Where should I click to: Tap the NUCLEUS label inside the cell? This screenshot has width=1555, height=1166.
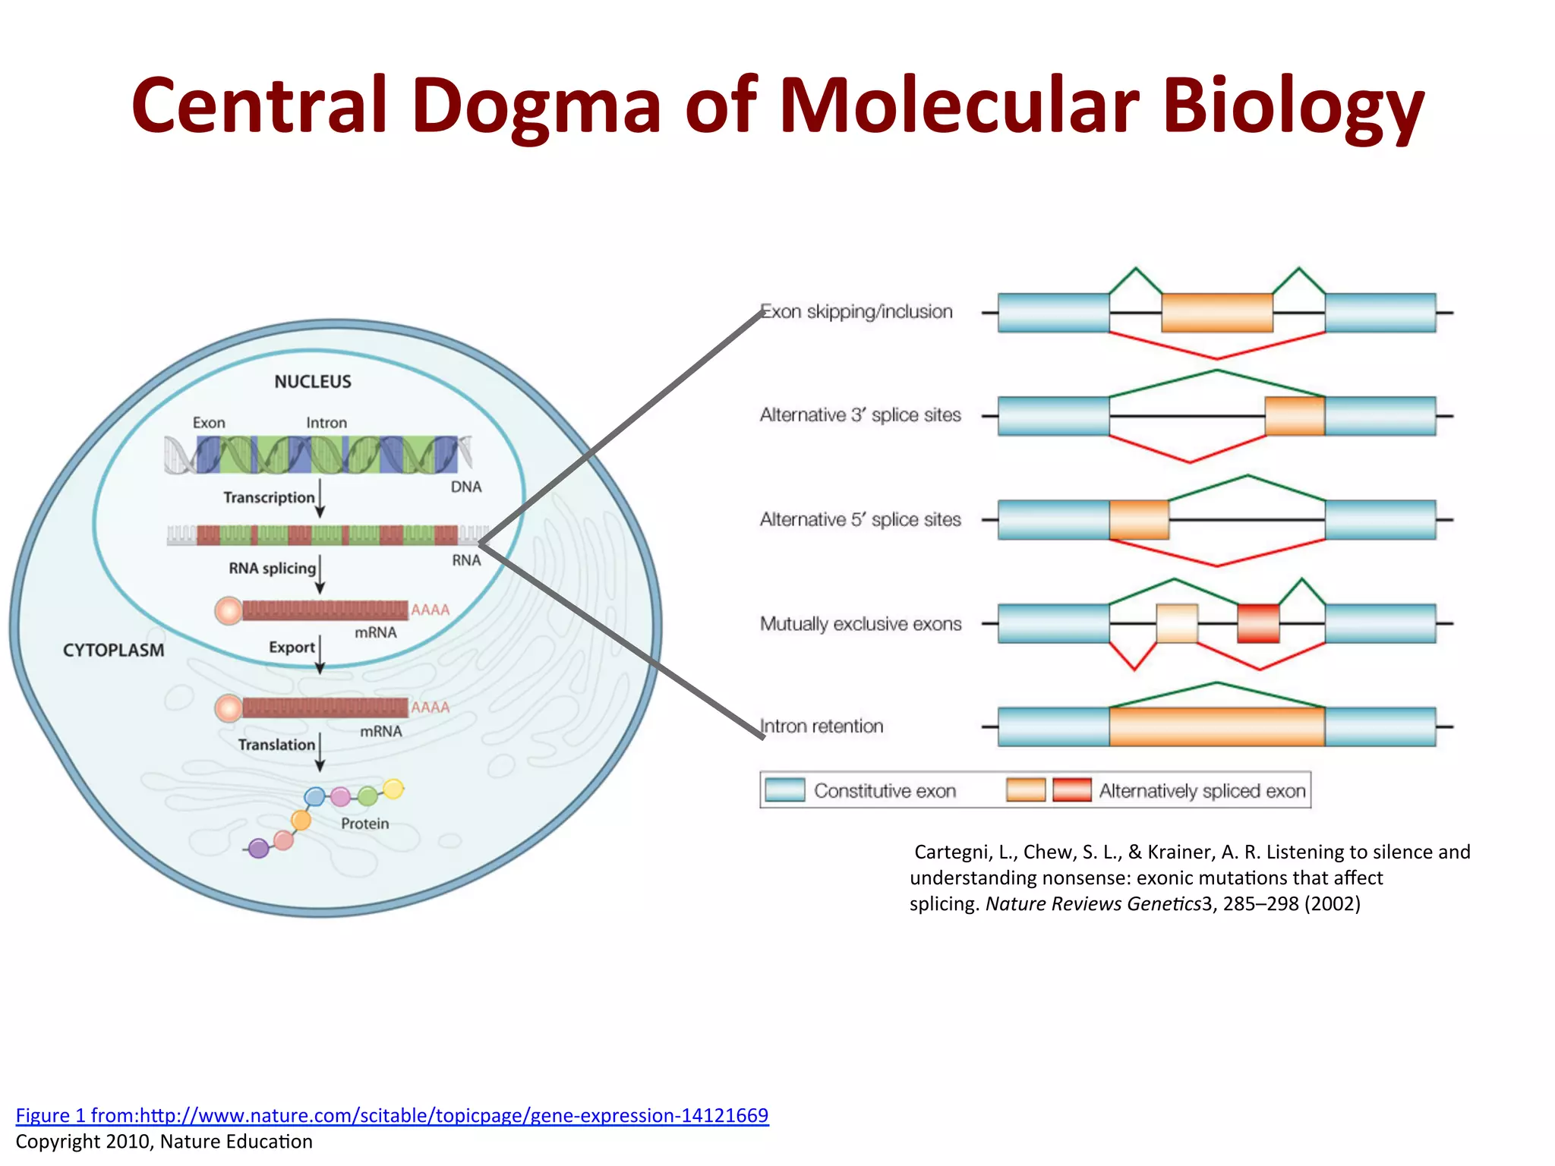(313, 382)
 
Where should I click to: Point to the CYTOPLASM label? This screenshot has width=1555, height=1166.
(113, 651)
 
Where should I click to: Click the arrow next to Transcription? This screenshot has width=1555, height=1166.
(320, 498)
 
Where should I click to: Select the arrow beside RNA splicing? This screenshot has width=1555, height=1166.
(320, 574)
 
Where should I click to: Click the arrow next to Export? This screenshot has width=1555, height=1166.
(320, 654)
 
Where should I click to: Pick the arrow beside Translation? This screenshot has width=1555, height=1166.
(320, 752)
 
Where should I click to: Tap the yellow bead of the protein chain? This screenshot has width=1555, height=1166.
(393, 789)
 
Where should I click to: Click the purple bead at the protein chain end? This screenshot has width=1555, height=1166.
(259, 848)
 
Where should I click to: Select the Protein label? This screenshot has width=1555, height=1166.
(364, 824)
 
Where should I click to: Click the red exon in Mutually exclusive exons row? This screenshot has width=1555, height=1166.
(1258, 623)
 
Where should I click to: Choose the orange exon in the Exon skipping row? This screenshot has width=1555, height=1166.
(1216, 313)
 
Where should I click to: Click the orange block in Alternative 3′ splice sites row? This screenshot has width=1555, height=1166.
(1295, 416)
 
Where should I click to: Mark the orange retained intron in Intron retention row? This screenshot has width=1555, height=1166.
(1216, 726)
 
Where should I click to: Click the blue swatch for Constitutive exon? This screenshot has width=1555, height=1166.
(785, 790)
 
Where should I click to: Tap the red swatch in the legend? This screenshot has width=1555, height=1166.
(1072, 790)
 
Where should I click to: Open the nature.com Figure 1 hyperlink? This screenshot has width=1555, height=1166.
(392, 1115)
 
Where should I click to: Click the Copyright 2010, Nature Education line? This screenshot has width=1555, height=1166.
(164, 1142)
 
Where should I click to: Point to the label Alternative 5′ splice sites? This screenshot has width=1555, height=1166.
(860, 520)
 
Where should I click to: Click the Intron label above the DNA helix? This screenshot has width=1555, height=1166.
(326, 423)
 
